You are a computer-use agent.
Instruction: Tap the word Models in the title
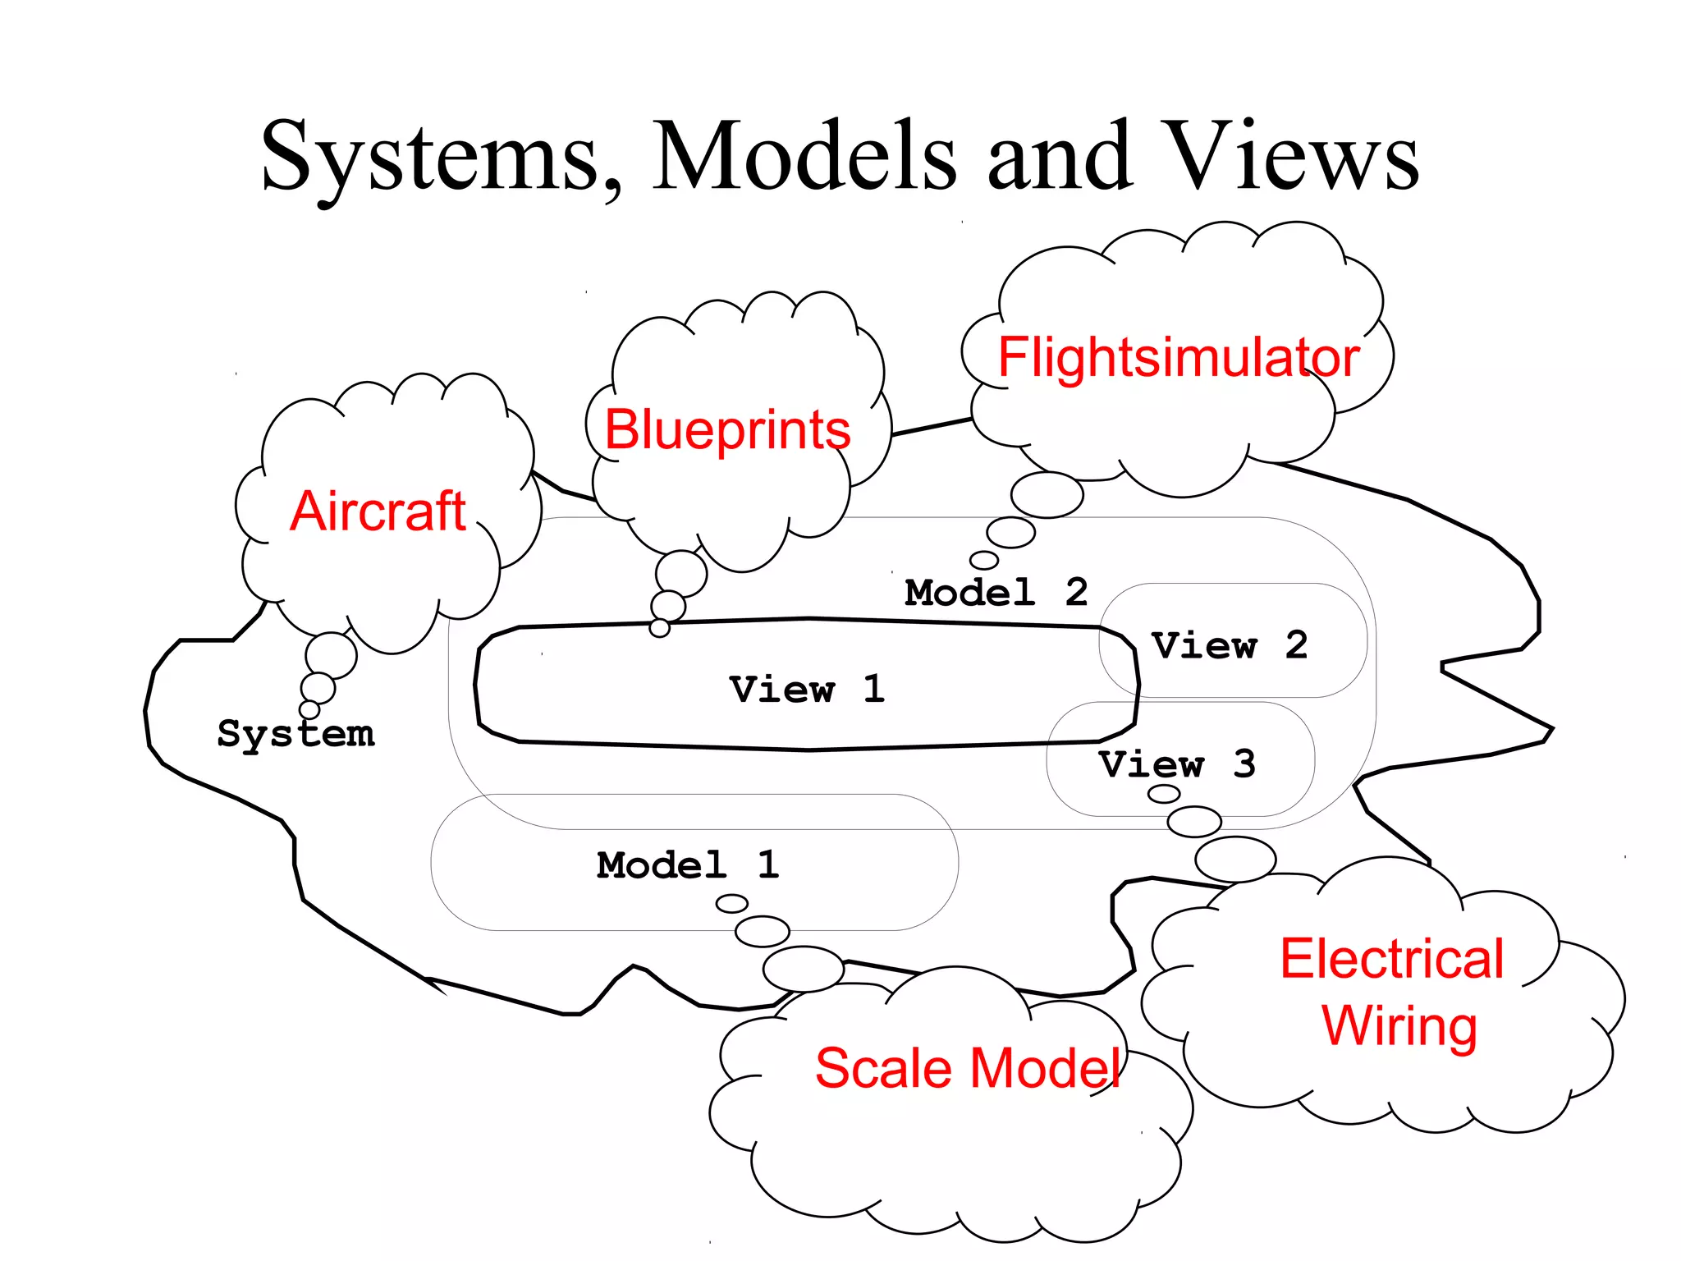coord(804,156)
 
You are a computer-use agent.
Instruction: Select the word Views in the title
coord(1292,156)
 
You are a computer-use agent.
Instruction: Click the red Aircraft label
coord(378,511)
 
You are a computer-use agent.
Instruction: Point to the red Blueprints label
coord(727,429)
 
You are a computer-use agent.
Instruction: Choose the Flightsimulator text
coord(1179,357)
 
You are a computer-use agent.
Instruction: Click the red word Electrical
coord(1391,958)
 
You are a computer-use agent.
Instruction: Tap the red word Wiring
coord(1399,1026)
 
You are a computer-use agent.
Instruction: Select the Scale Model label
coord(969,1068)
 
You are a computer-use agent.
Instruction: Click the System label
coord(295,733)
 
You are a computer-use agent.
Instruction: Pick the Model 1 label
coord(688,864)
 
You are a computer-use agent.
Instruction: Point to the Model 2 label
coord(996,592)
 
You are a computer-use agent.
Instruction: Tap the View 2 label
coord(1229,645)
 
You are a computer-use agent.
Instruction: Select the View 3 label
coord(1177,764)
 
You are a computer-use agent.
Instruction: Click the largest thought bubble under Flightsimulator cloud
coord(1047,495)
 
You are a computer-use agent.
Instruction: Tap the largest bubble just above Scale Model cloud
coord(803,969)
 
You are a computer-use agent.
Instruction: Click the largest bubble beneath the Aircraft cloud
coord(331,655)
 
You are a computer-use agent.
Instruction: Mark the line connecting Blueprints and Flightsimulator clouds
coord(932,426)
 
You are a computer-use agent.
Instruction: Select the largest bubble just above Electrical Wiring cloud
coord(1234,860)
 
